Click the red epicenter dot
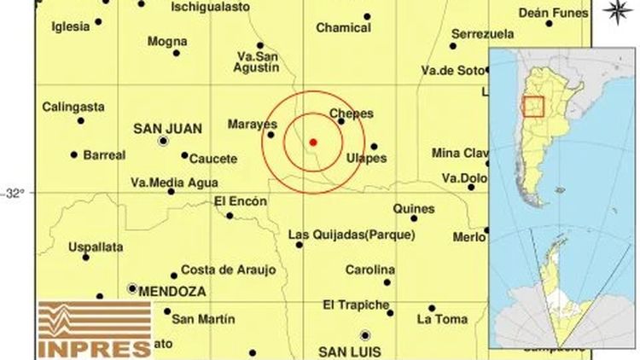point(313,142)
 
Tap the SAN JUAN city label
point(167,129)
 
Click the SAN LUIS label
point(347,351)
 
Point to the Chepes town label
point(352,113)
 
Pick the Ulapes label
point(367,158)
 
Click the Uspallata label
point(96,247)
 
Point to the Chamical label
point(343,27)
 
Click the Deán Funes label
point(554,13)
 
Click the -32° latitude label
point(15,193)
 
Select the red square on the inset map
point(533,107)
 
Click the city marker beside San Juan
point(163,141)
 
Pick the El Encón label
point(240,201)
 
